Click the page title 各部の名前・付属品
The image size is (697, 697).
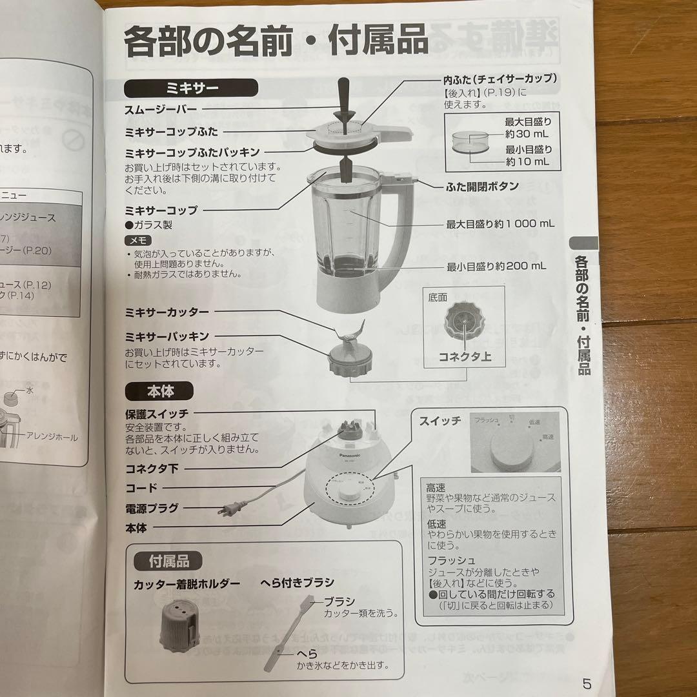276,41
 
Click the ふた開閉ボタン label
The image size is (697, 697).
482,187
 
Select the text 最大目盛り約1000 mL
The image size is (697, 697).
500,224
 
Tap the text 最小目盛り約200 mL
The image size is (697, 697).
496,266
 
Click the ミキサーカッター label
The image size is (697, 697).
167,312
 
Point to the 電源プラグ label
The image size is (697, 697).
152,508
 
